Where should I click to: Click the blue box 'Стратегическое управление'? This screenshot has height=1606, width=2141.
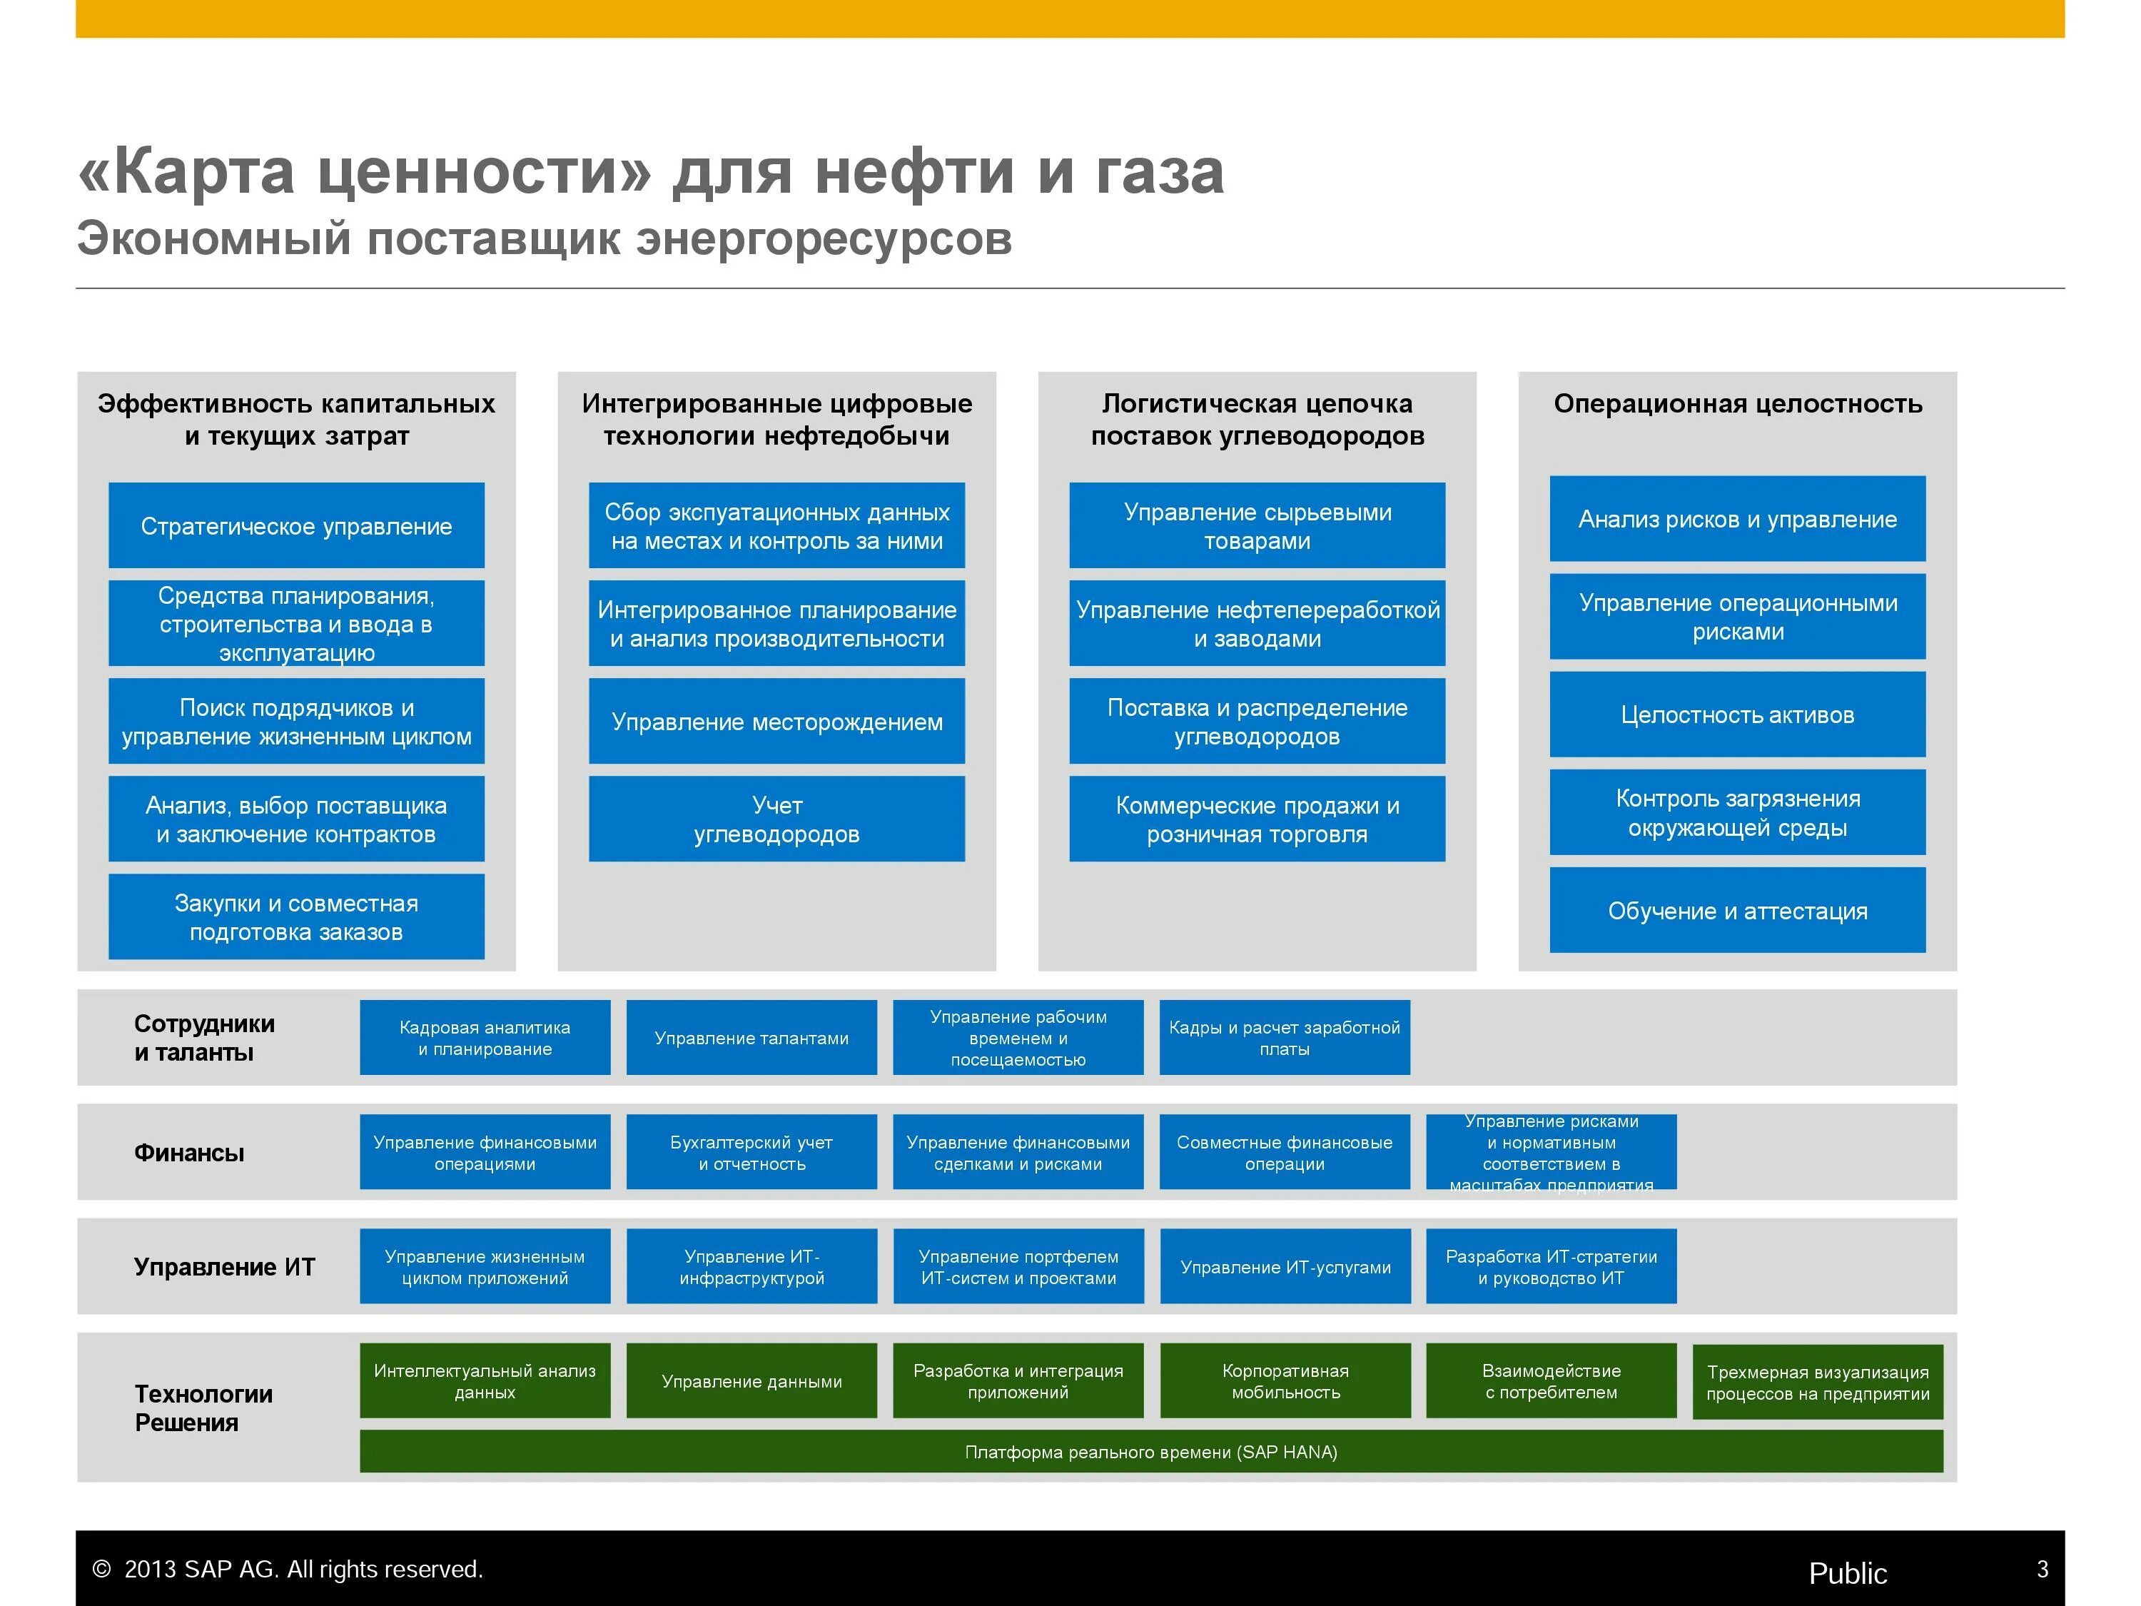[296, 525]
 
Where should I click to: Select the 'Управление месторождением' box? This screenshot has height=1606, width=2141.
[776, 721]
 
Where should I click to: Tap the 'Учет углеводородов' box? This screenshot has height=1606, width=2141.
[776, 819]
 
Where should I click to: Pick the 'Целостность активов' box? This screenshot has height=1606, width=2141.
[1737, 714]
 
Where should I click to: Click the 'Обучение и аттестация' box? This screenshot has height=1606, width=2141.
[1737, 910]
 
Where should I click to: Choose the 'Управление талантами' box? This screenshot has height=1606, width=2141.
[751, 1038]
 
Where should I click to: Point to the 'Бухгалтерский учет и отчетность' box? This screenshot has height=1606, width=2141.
[751, 1152]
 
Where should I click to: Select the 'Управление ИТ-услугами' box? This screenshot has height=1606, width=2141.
[1285, 1266]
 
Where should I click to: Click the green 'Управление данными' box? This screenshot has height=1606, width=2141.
[751, 1380]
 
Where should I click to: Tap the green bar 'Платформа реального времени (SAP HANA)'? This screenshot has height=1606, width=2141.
[1151, 1451]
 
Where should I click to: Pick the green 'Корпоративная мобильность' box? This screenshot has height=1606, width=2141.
[1285, 1380]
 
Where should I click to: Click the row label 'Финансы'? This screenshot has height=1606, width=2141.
[188, 1152]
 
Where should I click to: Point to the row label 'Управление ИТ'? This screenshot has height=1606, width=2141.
[225, 1266]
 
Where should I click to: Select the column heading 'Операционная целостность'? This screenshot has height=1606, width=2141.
[1737, 404]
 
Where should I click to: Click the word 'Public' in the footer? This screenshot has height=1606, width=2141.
[1848, 1573]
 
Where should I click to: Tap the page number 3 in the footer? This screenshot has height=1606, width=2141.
[2043, 1569]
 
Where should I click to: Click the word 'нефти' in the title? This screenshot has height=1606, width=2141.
[915, 171]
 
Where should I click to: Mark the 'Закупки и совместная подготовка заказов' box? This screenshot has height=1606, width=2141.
[296, 916]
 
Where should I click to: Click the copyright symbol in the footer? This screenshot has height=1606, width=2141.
[101, 1569]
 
